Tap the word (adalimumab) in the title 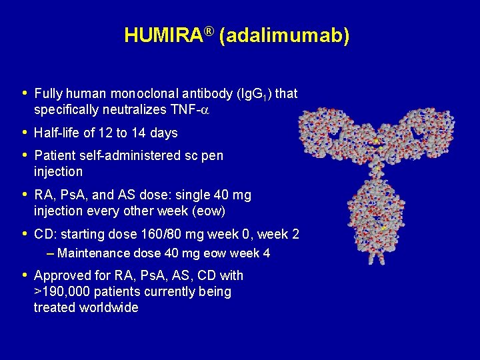pyautogui.click(x=283, y=36)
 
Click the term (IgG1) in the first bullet pyautogui.click(x=255, y=94)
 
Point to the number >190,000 pyautogui.click(x=62, y=291)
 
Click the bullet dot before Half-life pyautogui.click(x=24, y=132)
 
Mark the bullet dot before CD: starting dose pyautogui.click(x=24, y=234)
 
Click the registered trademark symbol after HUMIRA pyautogui.click(x=209, y=31)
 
